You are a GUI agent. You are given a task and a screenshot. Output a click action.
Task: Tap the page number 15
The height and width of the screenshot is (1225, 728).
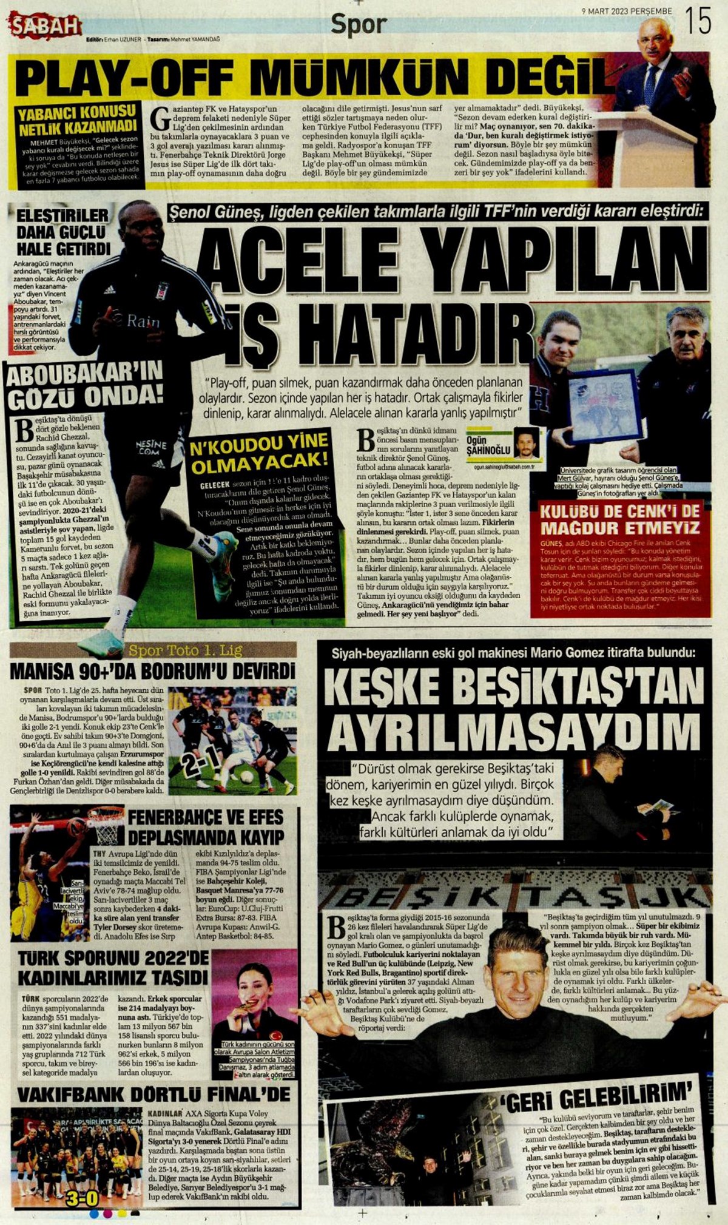697,22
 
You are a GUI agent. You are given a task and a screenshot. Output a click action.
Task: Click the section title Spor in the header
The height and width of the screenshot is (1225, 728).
359,25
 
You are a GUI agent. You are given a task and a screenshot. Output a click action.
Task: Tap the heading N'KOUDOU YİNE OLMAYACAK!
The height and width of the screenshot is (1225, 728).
259,453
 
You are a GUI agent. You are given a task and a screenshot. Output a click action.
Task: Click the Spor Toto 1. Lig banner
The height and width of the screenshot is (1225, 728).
186,651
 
